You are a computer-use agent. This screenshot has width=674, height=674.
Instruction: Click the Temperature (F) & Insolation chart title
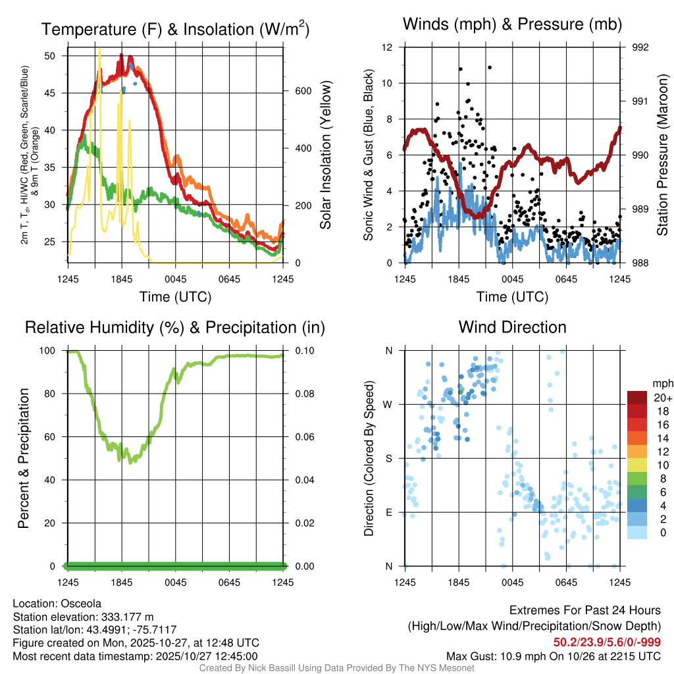point(175,30)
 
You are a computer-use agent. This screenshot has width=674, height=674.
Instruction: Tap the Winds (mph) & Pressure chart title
point(512,25)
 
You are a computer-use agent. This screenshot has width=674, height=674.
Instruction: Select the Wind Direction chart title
point(512,327)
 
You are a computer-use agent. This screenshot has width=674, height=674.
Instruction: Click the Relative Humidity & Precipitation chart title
point(174,327)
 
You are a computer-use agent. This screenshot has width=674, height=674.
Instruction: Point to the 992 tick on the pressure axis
point(640,47)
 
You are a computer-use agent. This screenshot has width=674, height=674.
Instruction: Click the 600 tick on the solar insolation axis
point(303,91)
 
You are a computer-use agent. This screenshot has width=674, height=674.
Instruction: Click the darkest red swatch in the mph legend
point(637,398)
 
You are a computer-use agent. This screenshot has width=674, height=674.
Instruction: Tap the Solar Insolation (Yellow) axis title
point(326,155)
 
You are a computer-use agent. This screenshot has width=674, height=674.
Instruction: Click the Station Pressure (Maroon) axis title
point(663,155)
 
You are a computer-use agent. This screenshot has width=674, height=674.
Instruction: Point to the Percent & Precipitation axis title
point(23,457)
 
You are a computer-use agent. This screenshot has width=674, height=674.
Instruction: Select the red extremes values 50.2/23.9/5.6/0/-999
point(606,642)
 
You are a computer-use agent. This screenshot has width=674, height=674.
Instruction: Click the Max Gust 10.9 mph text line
point(553,656)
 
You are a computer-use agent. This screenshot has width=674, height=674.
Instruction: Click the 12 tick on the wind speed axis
point(388,47)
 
